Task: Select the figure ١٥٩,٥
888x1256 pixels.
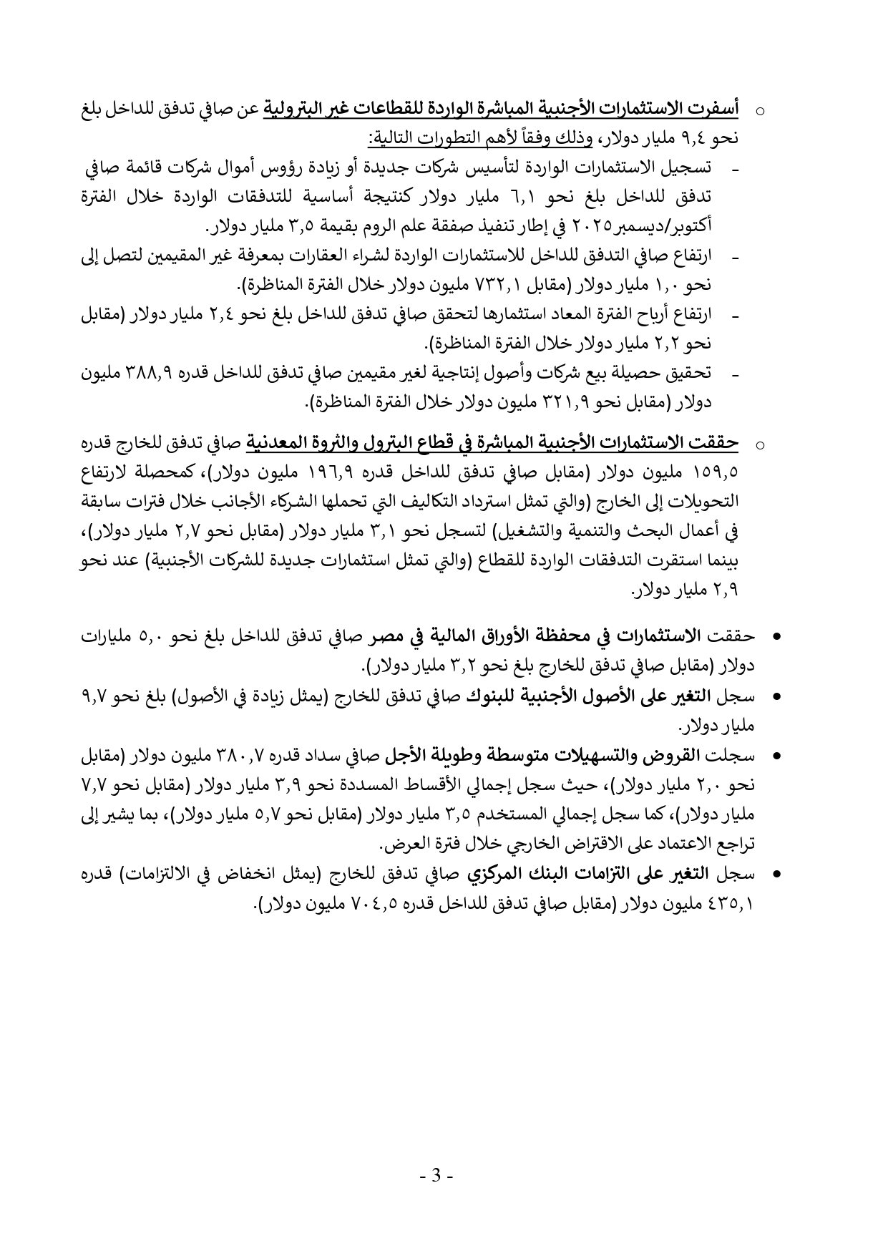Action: pos(716,473)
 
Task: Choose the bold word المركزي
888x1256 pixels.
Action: pos(493,874)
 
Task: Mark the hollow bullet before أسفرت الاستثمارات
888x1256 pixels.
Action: pos(761,112)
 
